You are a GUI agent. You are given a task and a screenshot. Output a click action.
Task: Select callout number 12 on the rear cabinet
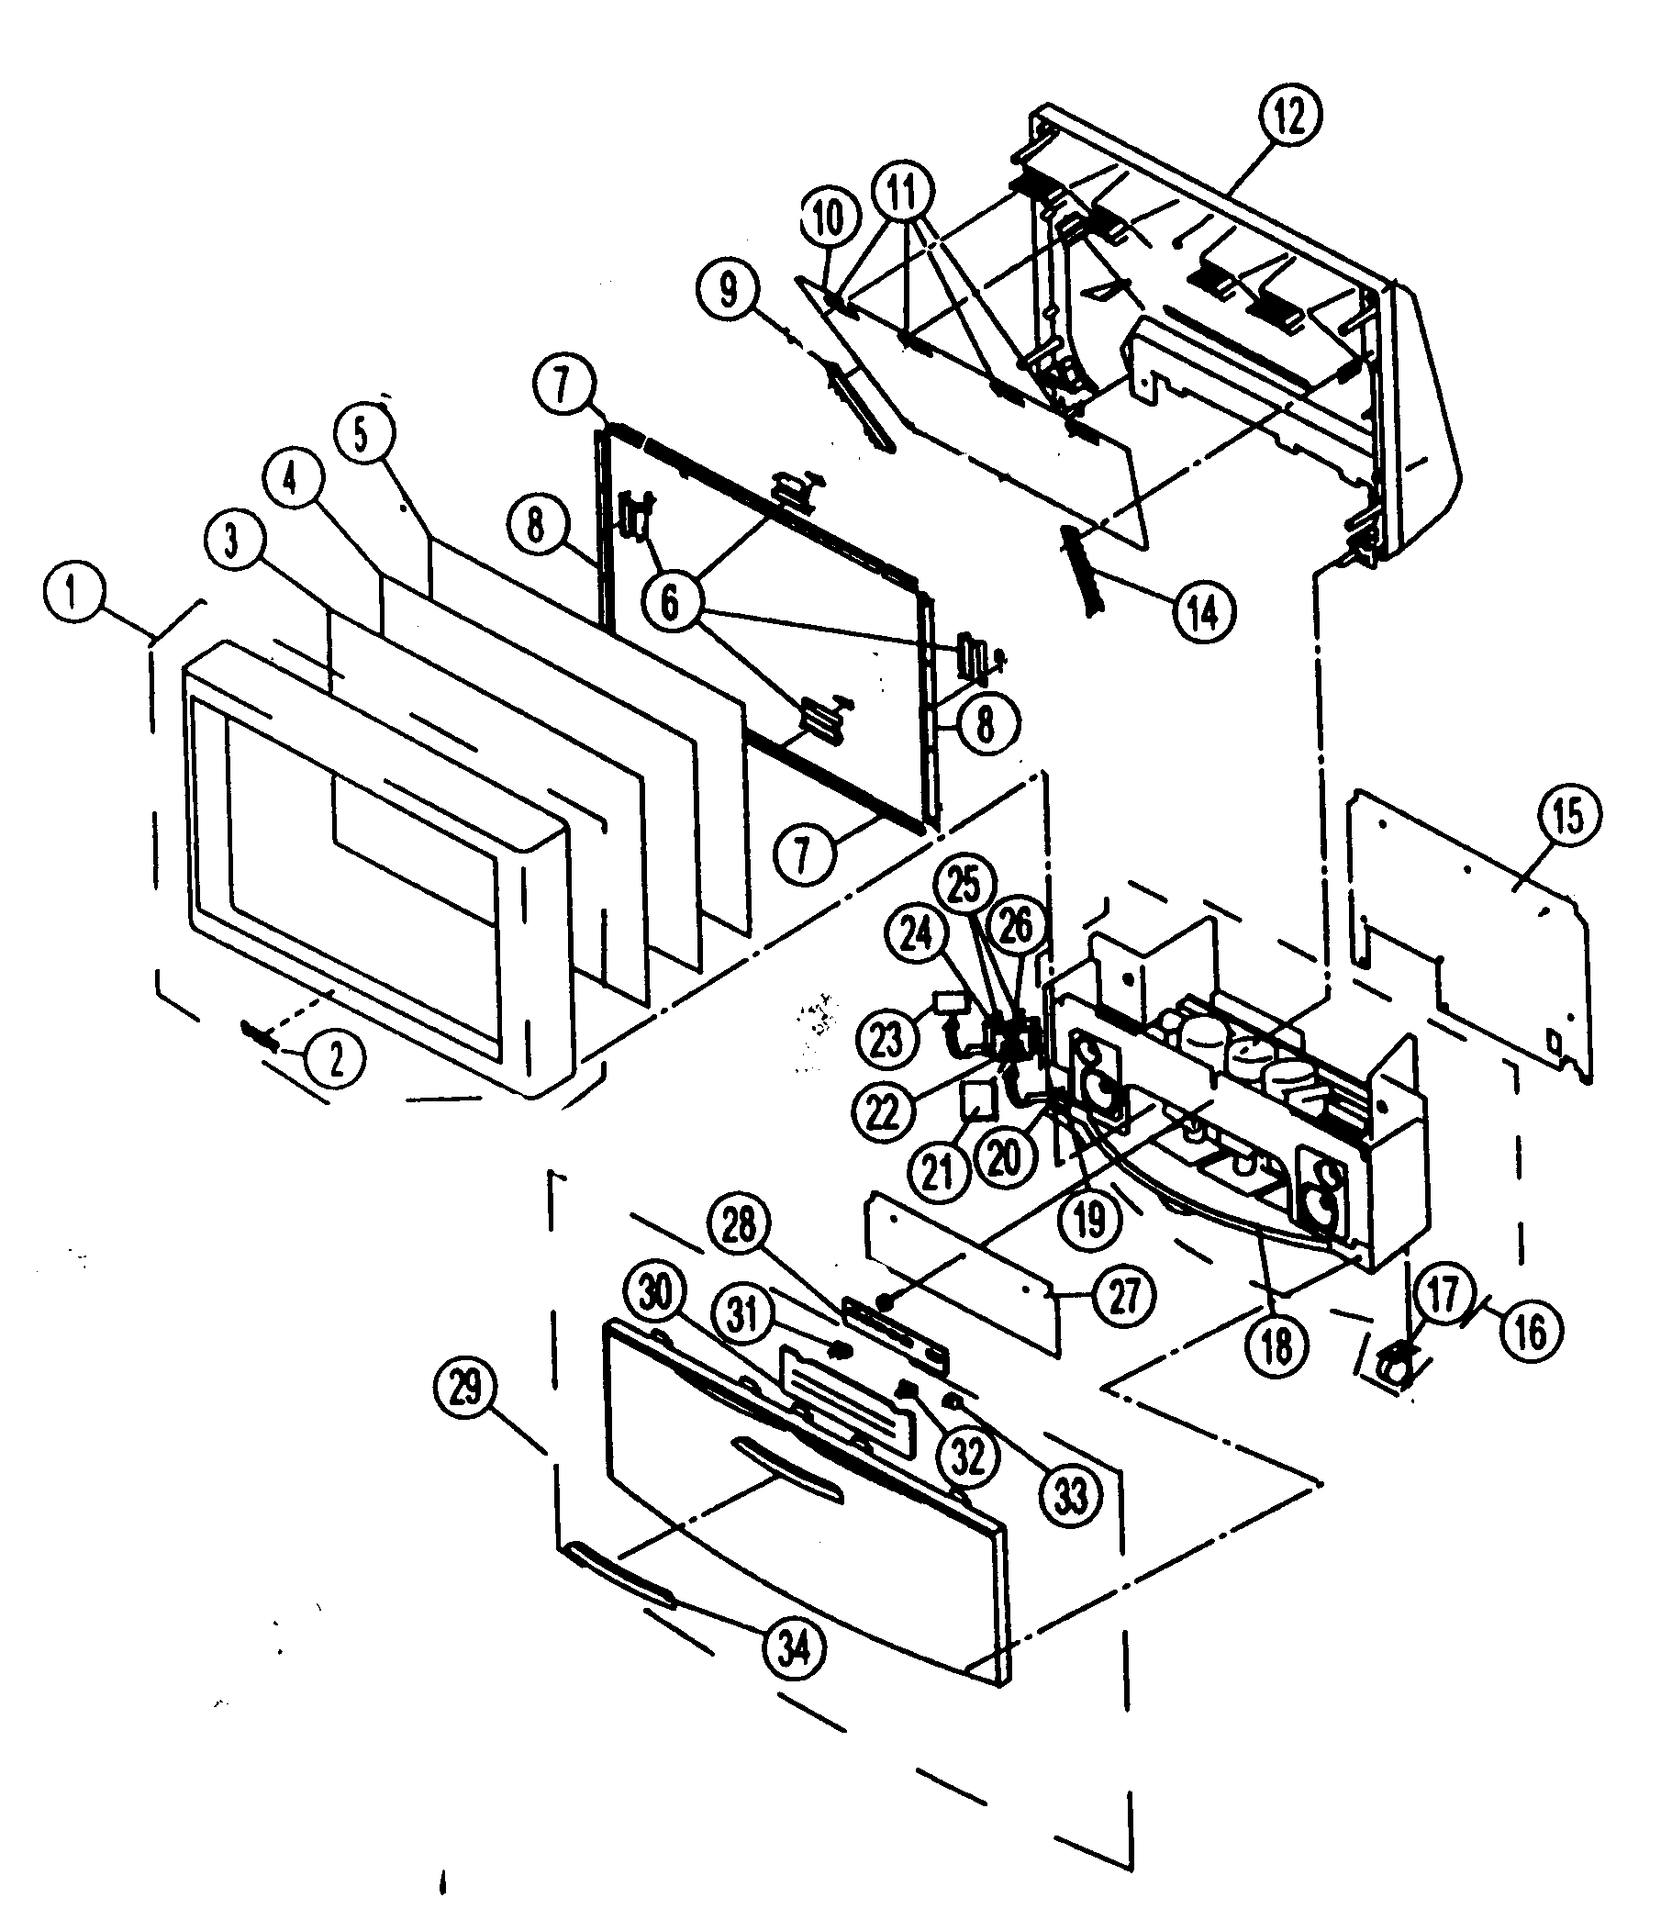pyautogui.click(x=1290, y=116)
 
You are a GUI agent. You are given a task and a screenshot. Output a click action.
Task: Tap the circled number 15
pyautogui.click(x=1567, y=817)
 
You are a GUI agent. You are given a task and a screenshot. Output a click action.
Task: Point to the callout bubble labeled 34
pyautogui.click(x=795, y=1650)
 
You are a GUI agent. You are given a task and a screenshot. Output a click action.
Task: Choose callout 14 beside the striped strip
pyautogui.click(x=1204, y=612)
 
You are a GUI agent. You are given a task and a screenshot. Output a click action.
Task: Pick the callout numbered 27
pyautogui.click(x=1123, y=1295)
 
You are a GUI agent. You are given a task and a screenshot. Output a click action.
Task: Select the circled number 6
pyautogui.click(x=670, y=603)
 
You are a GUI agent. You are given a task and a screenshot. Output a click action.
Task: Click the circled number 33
pyautogui.click(x=1070, y=1496)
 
